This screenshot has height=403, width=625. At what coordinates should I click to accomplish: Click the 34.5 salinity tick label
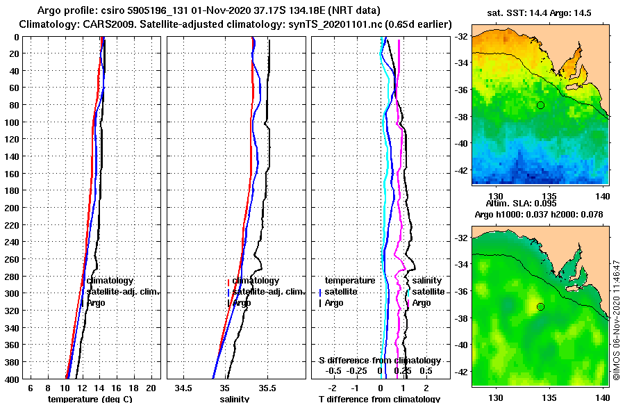click(184, 388)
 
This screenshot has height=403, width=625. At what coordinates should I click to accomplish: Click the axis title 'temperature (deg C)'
click(90, 399)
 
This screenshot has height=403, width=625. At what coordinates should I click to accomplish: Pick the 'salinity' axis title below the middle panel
click(234, 399)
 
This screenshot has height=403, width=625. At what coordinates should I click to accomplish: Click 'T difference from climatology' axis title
click(379, 399)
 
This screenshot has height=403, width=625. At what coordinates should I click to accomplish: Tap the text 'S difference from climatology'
click(379, 361)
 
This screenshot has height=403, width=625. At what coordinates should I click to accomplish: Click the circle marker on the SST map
click(540, 105)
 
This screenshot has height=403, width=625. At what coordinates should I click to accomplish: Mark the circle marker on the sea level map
click(540, 306)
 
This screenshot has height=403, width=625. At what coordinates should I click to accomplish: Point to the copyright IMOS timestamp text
click(617, 320)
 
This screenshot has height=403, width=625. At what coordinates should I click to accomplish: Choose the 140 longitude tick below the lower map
click(601, 397)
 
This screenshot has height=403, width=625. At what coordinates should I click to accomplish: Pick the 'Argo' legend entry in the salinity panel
click(241, 303)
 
